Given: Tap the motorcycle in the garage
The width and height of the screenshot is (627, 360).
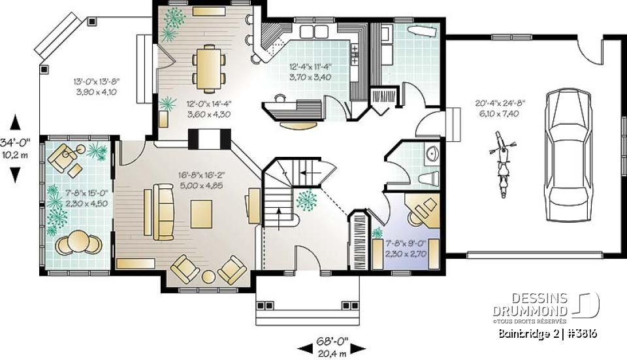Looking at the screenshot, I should pyautogui.click(x=501, y=163).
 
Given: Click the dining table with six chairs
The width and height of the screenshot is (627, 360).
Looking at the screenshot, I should pyautogui.click(x=208, y=67).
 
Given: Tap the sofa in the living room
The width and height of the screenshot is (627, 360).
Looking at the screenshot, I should pyautogui.click(x=162, y=211).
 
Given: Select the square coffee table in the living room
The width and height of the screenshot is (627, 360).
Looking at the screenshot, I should pyautogui.click(x=201, y=214).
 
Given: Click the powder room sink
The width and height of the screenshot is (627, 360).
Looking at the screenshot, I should pyautogui.click(x=432, y=154).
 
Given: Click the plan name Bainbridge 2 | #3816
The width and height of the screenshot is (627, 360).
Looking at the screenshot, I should pyautogui.click(x=547, y=334).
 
